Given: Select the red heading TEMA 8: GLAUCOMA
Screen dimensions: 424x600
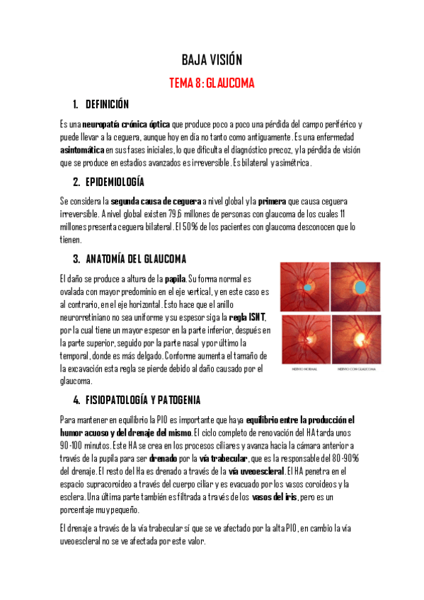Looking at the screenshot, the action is pyautogui.click(x=212, y=83).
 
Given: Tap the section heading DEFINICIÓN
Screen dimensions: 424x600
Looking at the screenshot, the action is pyautogui.click(x=107, y=105).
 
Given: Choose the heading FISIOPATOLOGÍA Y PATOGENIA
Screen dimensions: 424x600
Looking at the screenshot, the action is pyautogui.click(x=143, y=400).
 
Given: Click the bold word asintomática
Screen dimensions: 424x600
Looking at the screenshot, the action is pyautogui.click(x=82, y=150).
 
